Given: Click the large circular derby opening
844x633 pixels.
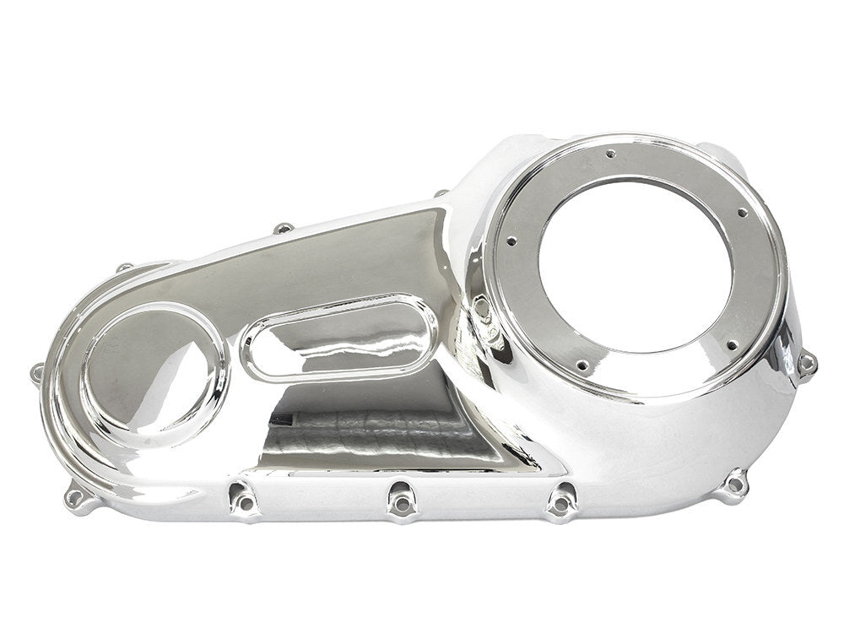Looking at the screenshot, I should click(x=635, y=265).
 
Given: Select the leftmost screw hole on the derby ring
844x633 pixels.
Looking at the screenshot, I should click(x=511, y=241).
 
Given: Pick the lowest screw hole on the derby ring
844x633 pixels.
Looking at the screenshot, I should click(x=582, y=365).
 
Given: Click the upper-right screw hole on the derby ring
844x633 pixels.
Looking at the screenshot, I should click(x=742, y=213).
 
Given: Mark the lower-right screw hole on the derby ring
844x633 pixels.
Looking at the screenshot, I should click(x=731, y=344).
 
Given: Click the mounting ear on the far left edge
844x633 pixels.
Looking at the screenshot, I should click(x=37, y=372).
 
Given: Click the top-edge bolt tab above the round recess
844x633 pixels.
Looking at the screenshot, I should click(x=125, y=268).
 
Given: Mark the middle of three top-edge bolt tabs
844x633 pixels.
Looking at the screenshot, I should click(x=284, y=228).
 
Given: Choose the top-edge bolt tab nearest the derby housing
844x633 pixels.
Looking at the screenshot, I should click(x=441, y=194).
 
